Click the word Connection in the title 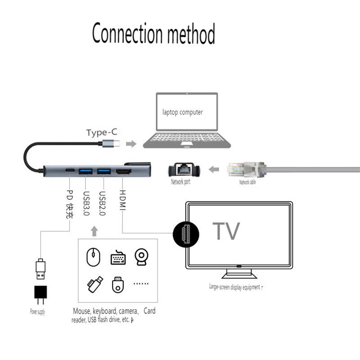coord(127,34)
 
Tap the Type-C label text coord(102,132)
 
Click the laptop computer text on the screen coord(182,112)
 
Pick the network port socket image coord(184,170)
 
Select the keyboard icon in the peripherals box coord(118,257)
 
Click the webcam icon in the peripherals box coord(141,256)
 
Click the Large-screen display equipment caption coord(234,287)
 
